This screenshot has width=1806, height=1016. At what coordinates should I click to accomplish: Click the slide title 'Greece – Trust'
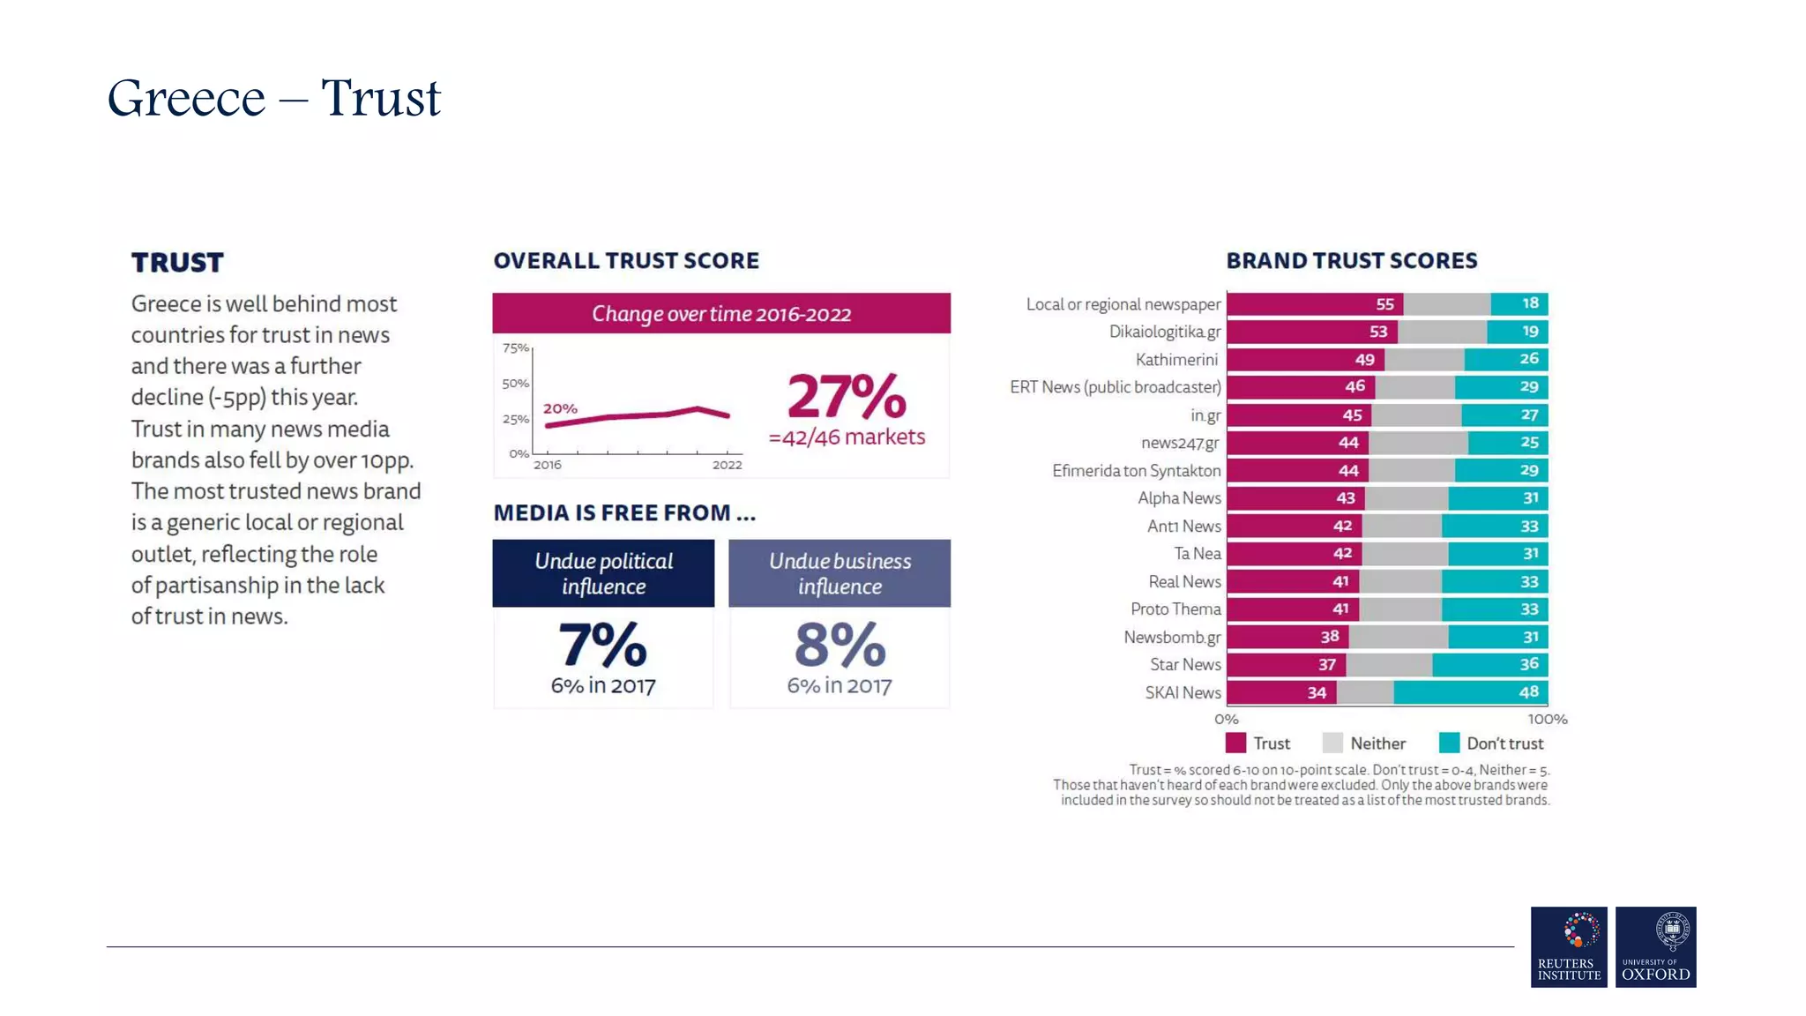click(x=273, y=98)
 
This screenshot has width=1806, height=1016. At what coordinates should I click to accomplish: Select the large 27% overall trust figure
click(x=846, y=397)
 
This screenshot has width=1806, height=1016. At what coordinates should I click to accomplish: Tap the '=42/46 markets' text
click(x=847, y=437)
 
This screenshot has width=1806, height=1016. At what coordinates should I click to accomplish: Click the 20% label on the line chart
click(x=560, y=408)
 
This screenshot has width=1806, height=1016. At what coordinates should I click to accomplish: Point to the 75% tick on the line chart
click(x=515, y=348)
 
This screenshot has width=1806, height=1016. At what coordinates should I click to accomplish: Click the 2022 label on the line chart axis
click(x=727, y=465)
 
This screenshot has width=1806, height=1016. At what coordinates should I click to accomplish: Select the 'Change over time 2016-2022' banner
click(x=720, y=314)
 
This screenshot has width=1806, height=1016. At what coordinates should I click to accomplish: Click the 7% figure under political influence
click(x=602, y=645)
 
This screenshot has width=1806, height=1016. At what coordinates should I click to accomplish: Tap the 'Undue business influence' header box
click(x=839, y=573)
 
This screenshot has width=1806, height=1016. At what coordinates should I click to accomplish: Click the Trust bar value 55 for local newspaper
click(x=1384, y=304)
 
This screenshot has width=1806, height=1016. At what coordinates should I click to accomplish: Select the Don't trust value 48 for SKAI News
click(x=1528, y=692)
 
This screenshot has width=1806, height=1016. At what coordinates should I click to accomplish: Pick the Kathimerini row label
click(x=1176, y=360)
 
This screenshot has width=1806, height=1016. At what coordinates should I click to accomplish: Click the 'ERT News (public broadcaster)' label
click(x=1115, y=387)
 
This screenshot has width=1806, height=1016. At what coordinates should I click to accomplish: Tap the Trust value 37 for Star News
click(x=1326, y=665)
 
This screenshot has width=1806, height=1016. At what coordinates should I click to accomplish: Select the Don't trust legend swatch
click(x=1449, y=743)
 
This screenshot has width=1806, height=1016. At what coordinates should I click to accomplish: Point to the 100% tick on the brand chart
click(x=1547, y=720)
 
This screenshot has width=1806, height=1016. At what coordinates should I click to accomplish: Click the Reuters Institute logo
click(x=1568, y=946)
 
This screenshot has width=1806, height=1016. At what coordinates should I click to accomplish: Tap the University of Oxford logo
click(x=1655, y=946)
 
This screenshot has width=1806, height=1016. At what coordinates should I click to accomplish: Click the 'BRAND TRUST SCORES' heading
click(x=1351, y=261)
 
